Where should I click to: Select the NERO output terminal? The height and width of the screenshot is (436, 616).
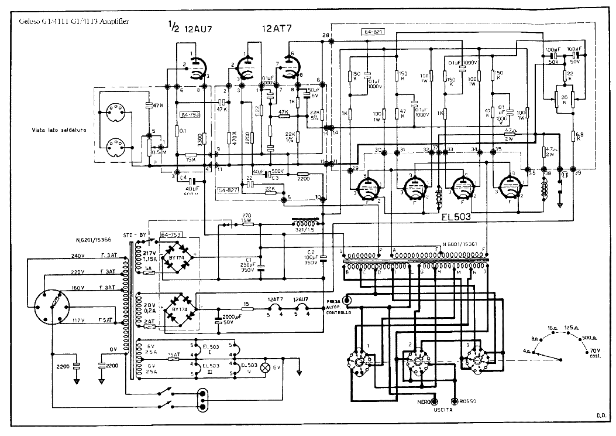coord(435,401)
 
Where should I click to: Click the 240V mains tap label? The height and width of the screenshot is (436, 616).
coord(77,256)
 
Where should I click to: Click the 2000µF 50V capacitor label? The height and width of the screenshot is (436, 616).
coord(230,320)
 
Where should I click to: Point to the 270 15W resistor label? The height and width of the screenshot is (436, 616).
coord(246,217)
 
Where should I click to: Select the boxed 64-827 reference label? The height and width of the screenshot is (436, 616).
coord(229,190)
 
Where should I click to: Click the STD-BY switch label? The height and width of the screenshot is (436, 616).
coord(134,235)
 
